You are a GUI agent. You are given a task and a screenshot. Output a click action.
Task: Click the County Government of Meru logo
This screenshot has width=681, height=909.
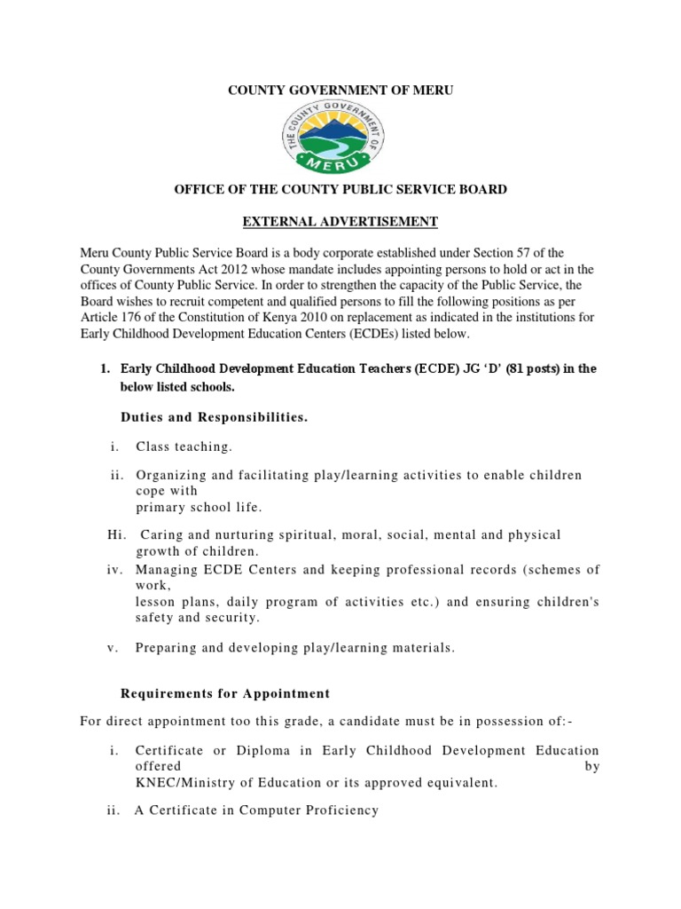340,138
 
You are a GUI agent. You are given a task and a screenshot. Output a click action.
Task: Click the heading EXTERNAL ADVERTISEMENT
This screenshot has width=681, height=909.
340,221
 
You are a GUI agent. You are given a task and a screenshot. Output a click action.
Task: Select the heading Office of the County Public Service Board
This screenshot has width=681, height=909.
340,189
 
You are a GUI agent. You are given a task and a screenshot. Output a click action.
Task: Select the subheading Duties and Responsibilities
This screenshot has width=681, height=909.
214,417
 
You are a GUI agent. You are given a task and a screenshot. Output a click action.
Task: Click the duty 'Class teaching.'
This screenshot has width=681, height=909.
183,447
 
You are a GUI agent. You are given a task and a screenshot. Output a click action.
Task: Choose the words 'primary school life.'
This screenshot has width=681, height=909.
200,507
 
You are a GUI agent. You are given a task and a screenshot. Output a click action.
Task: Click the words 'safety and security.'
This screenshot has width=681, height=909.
198,617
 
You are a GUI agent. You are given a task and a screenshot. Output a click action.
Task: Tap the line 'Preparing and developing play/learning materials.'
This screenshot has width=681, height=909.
294,647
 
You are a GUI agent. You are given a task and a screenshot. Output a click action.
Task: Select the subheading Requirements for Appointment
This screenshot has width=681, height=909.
224,693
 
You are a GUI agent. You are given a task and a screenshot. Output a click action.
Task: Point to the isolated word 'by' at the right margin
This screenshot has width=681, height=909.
592,766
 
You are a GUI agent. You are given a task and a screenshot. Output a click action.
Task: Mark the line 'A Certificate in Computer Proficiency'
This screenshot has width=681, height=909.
256,810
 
